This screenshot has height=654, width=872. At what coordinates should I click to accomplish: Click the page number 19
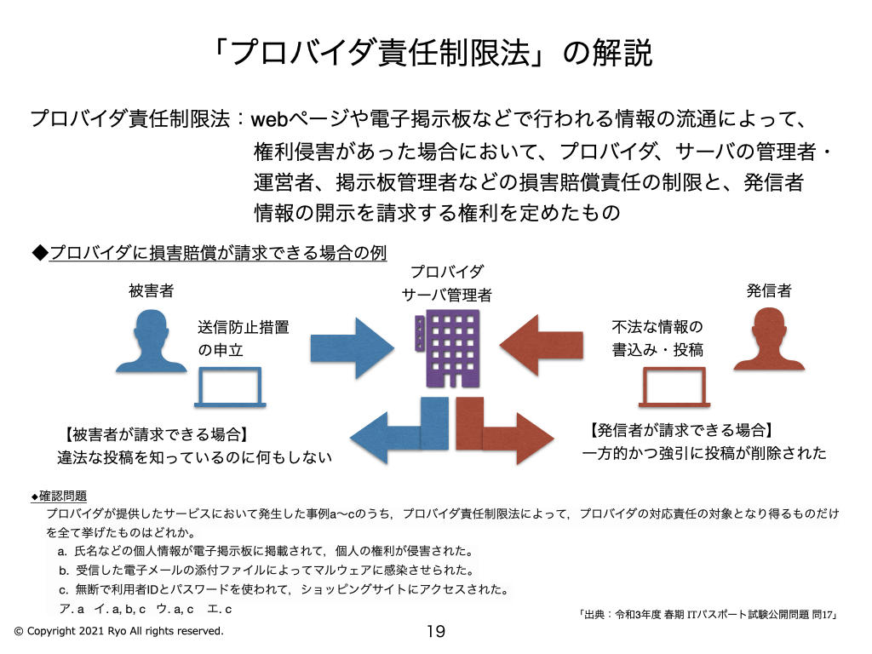tap(435, 632)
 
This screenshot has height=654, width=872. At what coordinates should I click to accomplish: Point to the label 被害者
tap(152, 290)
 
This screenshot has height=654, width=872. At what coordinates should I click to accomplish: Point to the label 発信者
tap(769, 290)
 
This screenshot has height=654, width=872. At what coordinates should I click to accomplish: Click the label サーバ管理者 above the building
tap(447, 295)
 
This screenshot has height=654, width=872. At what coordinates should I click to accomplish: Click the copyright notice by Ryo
tap(118, 631)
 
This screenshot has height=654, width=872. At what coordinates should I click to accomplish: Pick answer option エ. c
tap(220, 609)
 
